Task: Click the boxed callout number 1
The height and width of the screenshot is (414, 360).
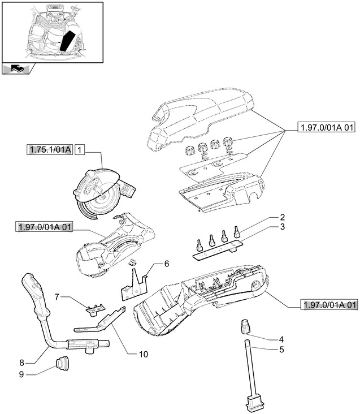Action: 80,150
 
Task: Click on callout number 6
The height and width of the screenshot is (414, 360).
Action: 167,264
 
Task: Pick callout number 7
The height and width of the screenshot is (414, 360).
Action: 57,296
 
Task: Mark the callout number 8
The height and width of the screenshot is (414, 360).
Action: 21,363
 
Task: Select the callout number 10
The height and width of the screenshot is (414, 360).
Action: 143,354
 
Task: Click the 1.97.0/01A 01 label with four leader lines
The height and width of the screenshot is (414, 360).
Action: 326,128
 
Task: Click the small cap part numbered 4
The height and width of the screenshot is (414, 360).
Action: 245,326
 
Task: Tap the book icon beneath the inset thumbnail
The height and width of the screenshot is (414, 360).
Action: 16,70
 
